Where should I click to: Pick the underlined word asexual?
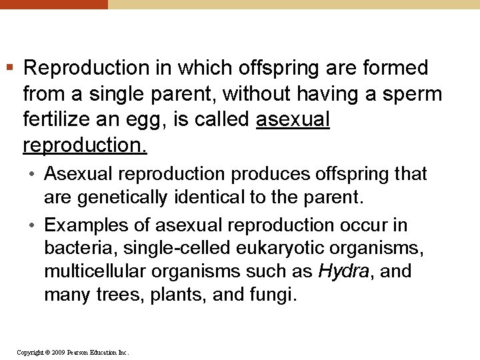coord(293,119)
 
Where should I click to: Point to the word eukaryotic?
coord(271,249)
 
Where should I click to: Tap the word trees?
coord(115,295)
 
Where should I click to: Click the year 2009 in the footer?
coord(58,352)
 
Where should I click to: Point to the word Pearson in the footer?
coord(77,352)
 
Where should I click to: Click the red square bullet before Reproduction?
coord(9,67)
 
